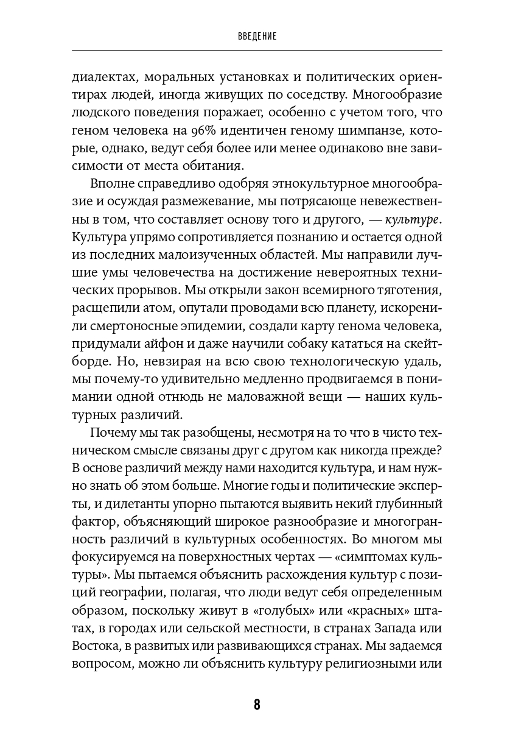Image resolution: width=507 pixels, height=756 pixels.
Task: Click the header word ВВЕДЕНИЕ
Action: coord(257,37)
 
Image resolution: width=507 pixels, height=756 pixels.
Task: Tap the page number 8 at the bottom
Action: coord(257,705)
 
